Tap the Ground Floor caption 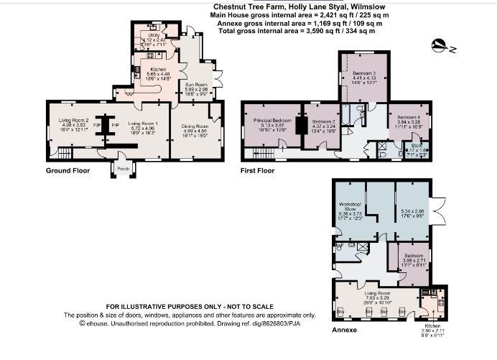(68, 171)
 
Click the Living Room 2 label (72, 120)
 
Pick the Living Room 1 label (143, 124)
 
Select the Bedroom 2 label (324, 122)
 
